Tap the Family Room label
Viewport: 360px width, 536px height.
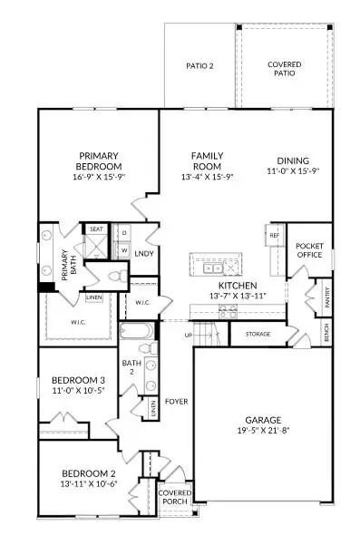207,161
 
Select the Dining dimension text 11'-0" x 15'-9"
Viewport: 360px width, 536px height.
293,171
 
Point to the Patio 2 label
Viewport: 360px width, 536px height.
199,66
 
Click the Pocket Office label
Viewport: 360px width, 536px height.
309,250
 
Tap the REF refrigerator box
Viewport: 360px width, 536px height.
275,236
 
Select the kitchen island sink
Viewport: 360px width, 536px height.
214,268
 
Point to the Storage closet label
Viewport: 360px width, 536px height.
258,335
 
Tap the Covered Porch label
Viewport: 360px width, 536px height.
174,497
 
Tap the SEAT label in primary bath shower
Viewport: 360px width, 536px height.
95,229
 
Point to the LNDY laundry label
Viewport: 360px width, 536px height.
143,253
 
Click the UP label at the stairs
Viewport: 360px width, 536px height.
189,335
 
